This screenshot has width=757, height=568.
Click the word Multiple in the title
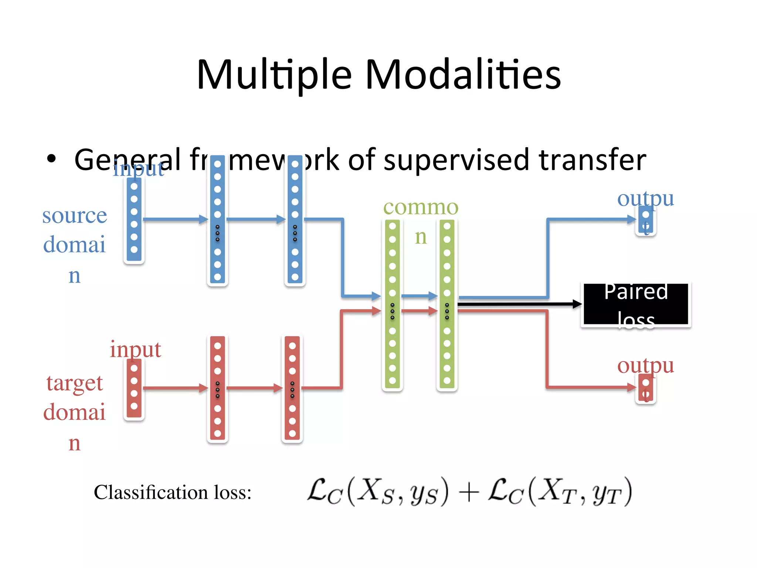pyautogui.click(x=274, y=75)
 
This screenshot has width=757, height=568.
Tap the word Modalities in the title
pyautogui.click(x=464, y=75)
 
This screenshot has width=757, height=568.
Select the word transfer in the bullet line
pyautogui.click(x=593, y=160)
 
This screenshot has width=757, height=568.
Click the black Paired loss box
pyautogui.click(x=636, y=304)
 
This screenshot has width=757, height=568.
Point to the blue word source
pyautogui.click(x=75, y=215)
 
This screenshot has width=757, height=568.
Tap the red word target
pyautogui.click(x=75, y=383)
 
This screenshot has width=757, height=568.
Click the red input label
pyautogui.click(x=135, y=349)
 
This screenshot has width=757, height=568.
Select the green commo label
pyautogui.click(x=421, y=207)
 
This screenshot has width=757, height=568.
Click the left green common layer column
pyautogui.click(x=393, y=304)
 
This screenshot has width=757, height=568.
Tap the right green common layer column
pyautogui.click(x=447, y=304)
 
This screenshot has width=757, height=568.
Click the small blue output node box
pyautogui.click(x=646, y=220)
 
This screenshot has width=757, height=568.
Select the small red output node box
pyautogui.click(x=646, y=388)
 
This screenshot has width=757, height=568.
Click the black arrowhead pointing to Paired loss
pyautogui.click(x=577, y=304)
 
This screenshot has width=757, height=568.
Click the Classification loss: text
pyautogui.click(x=173, y=493)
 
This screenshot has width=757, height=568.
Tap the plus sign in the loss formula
pyautogui.click(x=468, y=493)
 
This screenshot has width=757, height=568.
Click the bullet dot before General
pyautogui.click(x=51, y=159)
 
